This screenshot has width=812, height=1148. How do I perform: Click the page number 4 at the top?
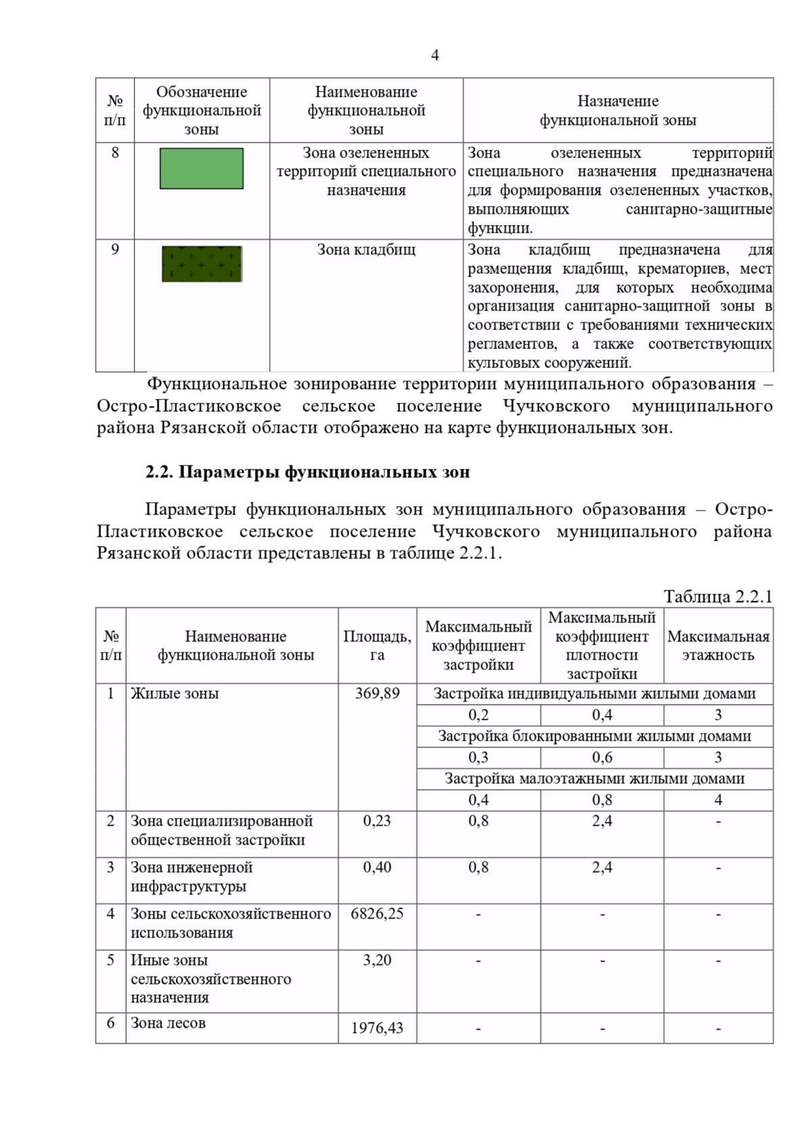coord(434,55)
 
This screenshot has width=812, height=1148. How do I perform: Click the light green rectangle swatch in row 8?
coord(202,168)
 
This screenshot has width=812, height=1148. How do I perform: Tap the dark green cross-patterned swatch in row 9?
coord(202,264)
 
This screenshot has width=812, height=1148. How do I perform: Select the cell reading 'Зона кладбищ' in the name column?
coord(366,249)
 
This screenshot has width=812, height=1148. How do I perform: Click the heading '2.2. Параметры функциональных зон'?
coord(307,472)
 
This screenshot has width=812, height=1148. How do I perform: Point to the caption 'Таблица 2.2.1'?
coord(717,596)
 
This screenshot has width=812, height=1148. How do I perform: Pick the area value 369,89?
coord(377,693)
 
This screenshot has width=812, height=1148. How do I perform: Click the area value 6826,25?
coord(377,913)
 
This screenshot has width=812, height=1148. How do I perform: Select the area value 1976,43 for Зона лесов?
coord(377,1028)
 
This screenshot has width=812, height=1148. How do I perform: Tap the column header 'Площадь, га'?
coord(377,646)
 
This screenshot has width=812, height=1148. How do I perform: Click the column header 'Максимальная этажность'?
coord(718,646)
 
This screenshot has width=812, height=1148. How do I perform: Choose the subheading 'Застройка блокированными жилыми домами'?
coord(594,736)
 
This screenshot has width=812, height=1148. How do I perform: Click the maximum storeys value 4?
coord(718,800)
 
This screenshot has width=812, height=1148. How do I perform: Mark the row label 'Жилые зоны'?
coord(175,693)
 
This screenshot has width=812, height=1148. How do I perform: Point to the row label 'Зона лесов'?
coord(168,1023)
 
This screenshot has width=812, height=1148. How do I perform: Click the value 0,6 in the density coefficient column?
coord(602,757)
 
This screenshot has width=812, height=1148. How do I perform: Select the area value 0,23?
coord(377,821)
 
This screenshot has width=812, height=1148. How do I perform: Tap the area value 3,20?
coord(377,960)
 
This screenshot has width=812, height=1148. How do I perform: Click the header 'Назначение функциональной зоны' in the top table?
coord(617,110)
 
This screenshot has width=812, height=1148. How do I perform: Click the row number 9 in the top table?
coord(115,249)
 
